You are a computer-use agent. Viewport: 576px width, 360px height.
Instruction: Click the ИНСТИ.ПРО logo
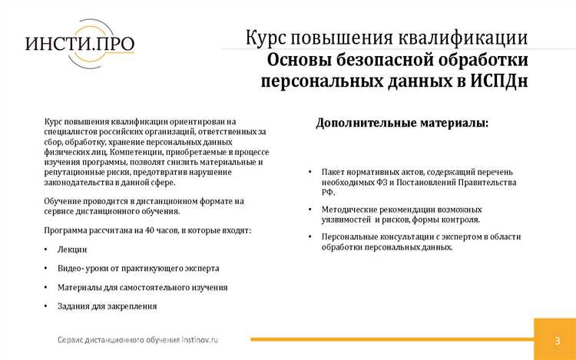click(x=80, y=46)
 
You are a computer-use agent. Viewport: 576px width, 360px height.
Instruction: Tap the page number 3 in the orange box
click(x=556, y=340)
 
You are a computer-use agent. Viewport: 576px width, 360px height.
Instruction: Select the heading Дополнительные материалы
click(x=401, y=123)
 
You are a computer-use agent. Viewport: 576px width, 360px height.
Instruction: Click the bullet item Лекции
click(x=72, y=249)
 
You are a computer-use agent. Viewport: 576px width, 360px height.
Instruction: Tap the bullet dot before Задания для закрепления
click(x=47, y=306)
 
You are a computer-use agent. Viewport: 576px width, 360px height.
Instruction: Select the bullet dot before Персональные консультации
click(x=310, y=237)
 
